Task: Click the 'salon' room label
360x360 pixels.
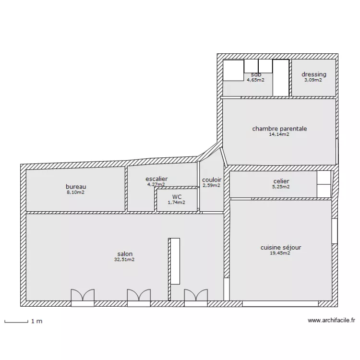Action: (125, 254)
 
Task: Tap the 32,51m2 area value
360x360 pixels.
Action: (124, 260)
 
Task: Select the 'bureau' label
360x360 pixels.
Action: (76, 187)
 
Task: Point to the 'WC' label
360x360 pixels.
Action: (177, 197)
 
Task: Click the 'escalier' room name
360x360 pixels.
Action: (156, 179)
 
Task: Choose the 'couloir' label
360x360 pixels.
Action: (212, 180)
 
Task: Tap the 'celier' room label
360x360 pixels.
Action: (281, 181)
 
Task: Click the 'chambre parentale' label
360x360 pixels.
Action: (279, 129)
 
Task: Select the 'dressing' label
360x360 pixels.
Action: (314, 74)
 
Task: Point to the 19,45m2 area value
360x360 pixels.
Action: (280, 253)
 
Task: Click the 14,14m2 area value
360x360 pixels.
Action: (279, 134)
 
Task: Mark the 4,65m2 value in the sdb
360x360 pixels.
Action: (255, 80)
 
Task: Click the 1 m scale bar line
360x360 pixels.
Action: (16, 323)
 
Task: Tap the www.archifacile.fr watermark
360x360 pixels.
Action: (331, 320)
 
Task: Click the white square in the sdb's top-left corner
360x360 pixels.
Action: (233, 70)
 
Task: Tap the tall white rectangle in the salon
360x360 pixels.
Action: (175, 261)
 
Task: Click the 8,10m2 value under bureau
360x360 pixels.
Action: (75, 192)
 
